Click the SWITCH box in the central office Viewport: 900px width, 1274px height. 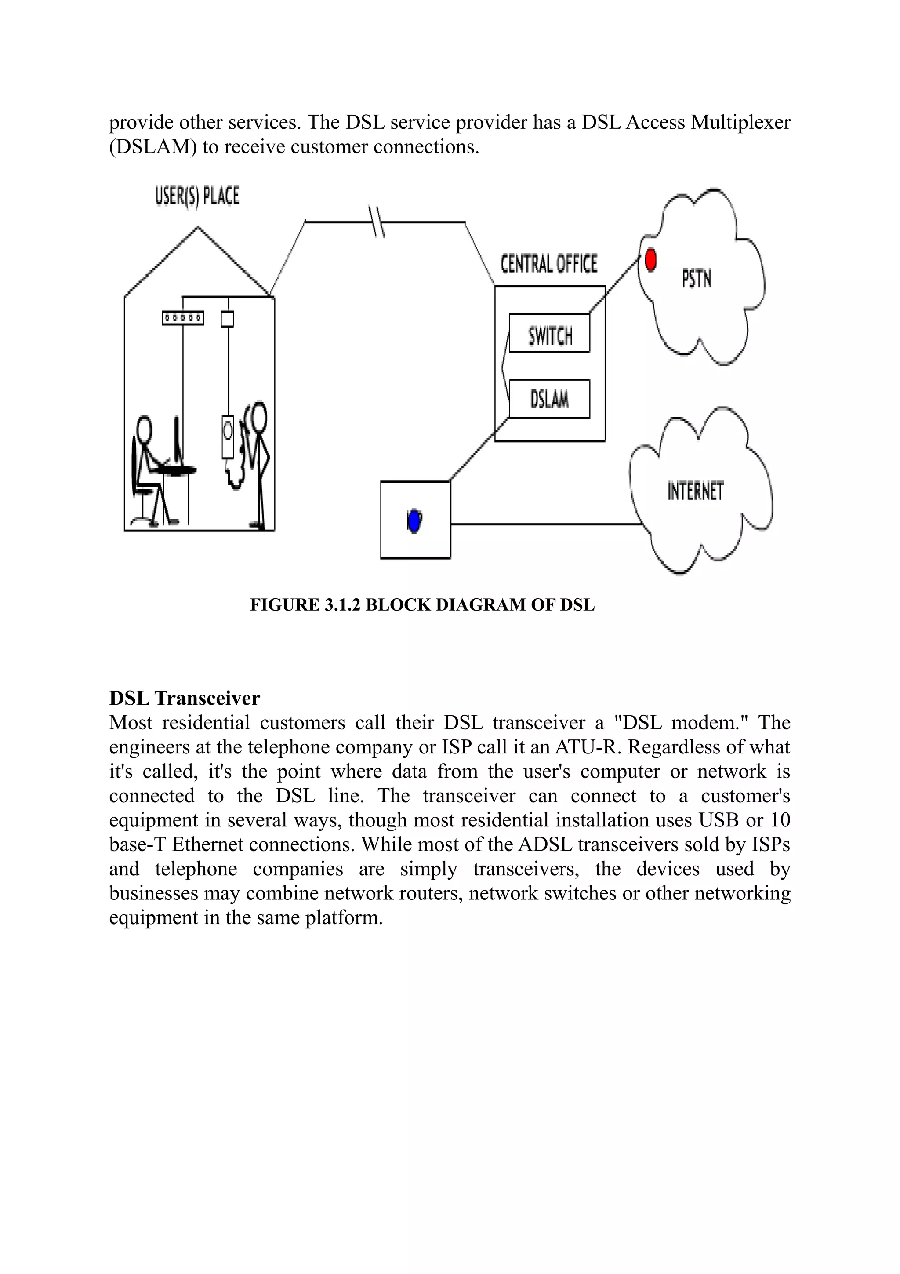click(549, 334)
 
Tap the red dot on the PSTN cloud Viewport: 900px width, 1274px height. click(651, 260)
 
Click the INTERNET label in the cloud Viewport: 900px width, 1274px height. click(695, 491)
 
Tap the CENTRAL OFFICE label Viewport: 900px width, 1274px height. click(549, 264)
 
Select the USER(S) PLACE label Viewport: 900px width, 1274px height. click(197, 197)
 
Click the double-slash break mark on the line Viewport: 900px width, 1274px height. click(377, 222)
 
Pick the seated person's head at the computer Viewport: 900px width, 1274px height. click(145, 428)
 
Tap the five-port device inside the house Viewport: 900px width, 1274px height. click(183, 318)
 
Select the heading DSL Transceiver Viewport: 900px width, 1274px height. click(185, 698)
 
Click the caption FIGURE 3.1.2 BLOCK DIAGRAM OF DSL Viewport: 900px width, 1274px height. click(422, 605)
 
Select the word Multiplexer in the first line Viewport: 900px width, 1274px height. click(740, 123)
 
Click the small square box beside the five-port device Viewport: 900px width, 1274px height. click(227, 319)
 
